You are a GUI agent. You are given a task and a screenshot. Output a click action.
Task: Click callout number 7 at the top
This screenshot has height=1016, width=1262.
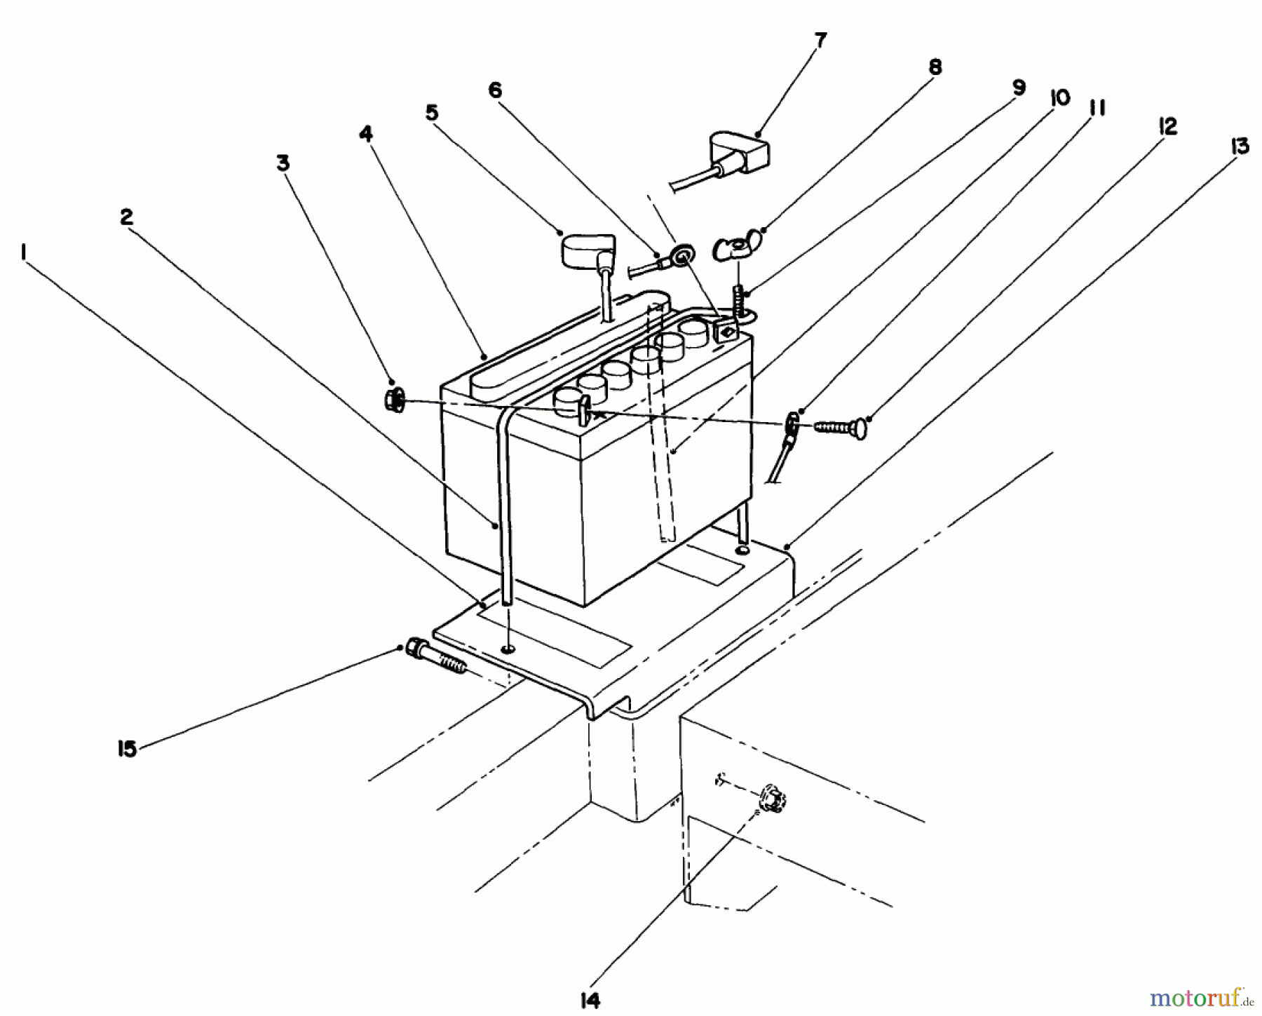pos(820,41)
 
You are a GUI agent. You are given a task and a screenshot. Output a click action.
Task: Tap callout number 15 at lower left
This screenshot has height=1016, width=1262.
pos(127,749)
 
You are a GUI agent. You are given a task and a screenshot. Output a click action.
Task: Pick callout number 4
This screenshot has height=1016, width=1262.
pos(366,133)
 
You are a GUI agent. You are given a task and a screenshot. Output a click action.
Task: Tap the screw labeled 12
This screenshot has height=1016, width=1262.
pos(841,427)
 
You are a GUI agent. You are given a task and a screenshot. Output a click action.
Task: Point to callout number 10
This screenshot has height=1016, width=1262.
pos(1059,98)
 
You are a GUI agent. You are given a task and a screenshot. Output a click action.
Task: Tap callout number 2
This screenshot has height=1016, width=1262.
pos(126,217)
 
